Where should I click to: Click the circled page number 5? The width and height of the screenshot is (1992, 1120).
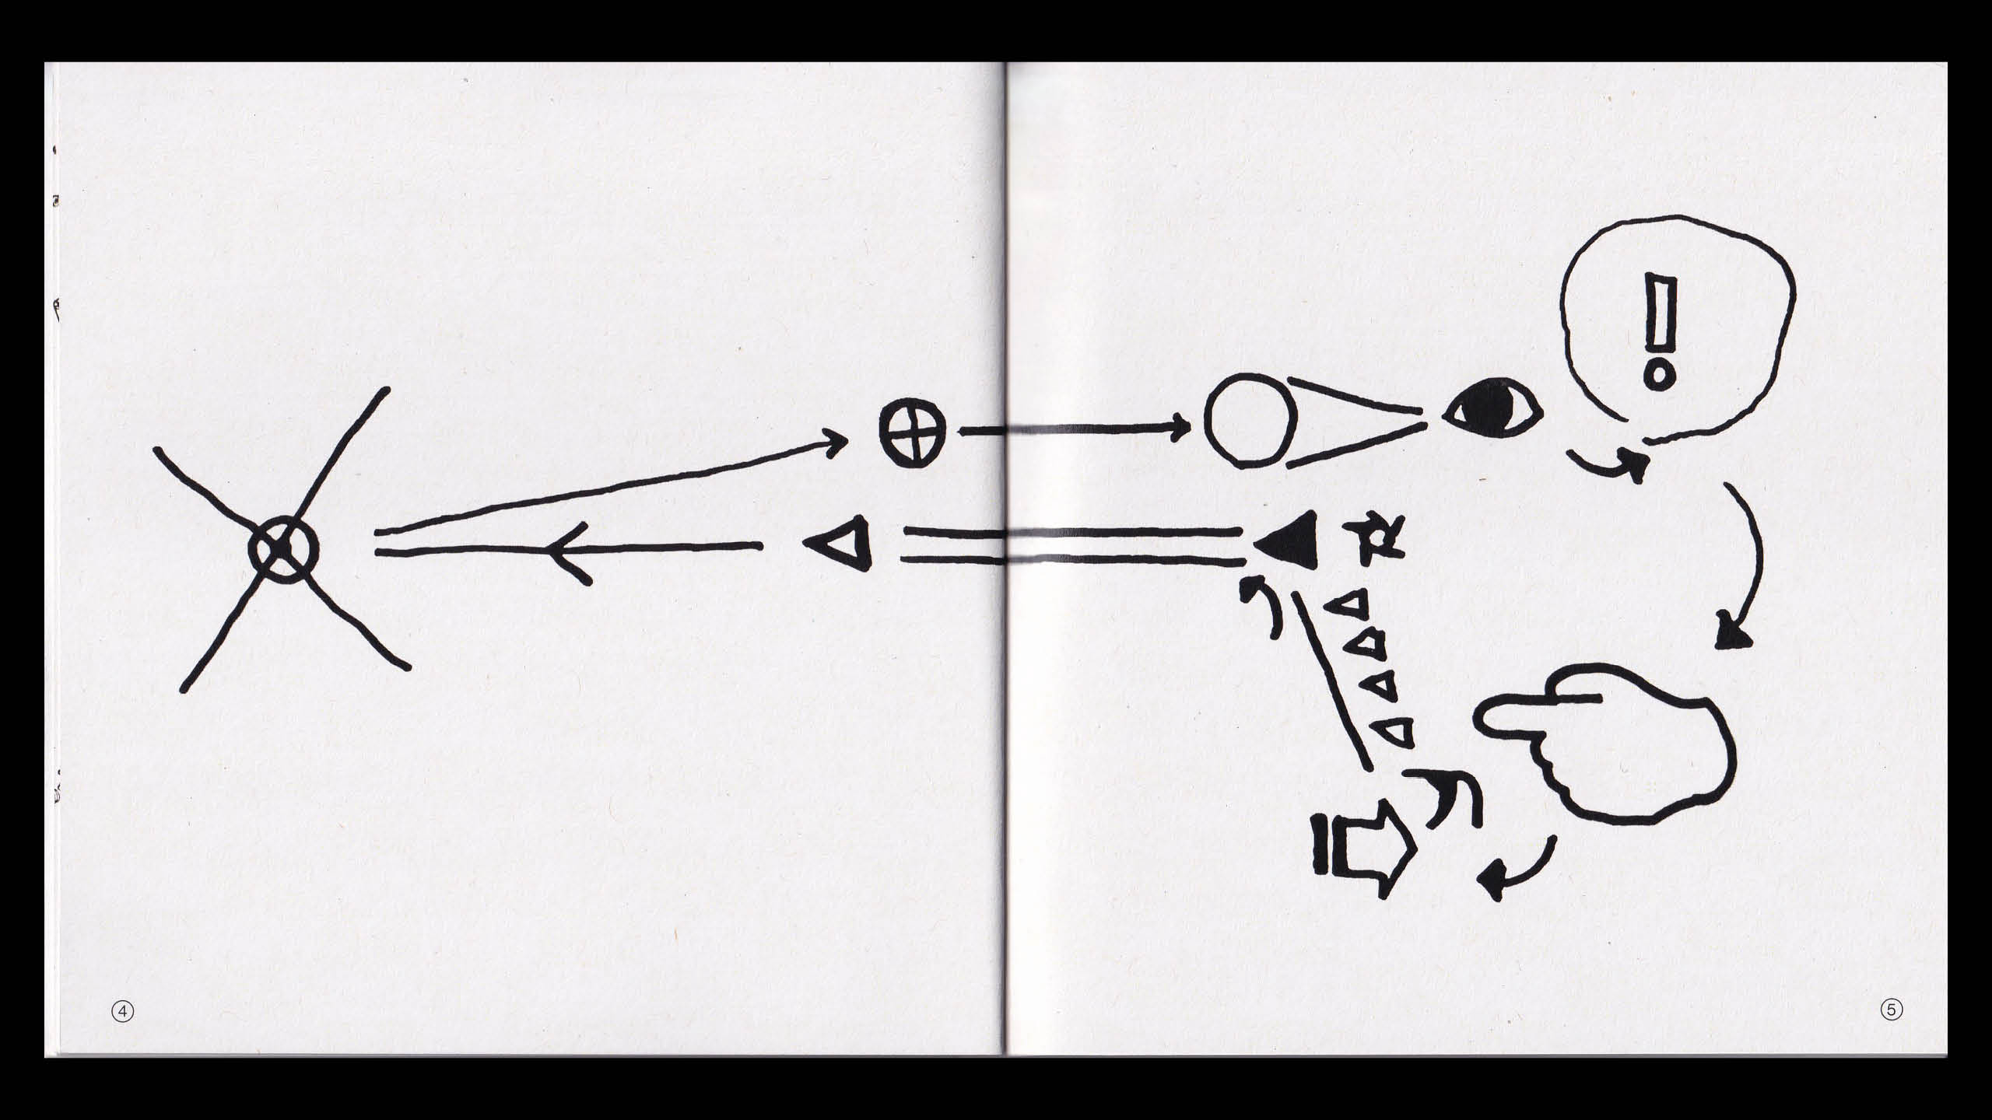tap(1892, 1010)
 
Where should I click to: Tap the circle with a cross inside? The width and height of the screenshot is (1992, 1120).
tap(913, 435)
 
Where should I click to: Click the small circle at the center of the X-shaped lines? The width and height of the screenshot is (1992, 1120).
tap(283, 549)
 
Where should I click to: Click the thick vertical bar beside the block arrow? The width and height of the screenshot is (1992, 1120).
tap(1322, 844)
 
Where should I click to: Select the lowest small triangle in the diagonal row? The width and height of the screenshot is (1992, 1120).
tap(1397, 733)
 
